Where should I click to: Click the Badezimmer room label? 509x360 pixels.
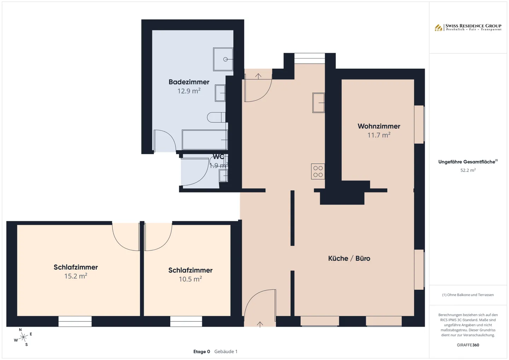pos(189,82)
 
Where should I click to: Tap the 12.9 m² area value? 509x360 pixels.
pos(189,91)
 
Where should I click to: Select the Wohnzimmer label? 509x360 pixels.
pos(379,126)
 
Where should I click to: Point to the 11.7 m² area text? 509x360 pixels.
pos(379,135)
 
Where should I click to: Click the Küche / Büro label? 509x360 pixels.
pos(349,258)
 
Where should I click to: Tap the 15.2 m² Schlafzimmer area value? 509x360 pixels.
pos(76,276)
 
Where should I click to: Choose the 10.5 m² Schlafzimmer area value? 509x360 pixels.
pos(190,279)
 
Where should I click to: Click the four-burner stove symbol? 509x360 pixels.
pos(318,171)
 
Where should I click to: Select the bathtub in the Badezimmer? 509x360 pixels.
pos(204,140)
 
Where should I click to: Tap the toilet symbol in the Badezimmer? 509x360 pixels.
pos(216,117)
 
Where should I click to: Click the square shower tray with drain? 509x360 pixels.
pos(223,59)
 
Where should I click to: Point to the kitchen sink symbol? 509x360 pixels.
pos(318,103)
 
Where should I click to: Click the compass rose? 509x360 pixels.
pos(23,337)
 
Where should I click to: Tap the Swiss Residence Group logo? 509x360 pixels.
pos(468,27)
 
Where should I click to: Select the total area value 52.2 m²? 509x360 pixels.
pos(468,170)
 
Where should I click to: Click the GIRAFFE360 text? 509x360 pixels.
pos(468,345)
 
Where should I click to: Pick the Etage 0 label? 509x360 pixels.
pos(201,352)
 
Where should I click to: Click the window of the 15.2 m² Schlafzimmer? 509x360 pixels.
pos(75,321)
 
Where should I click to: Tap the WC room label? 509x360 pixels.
pos(218,157)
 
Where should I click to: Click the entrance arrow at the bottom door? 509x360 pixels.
pos(260,324)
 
